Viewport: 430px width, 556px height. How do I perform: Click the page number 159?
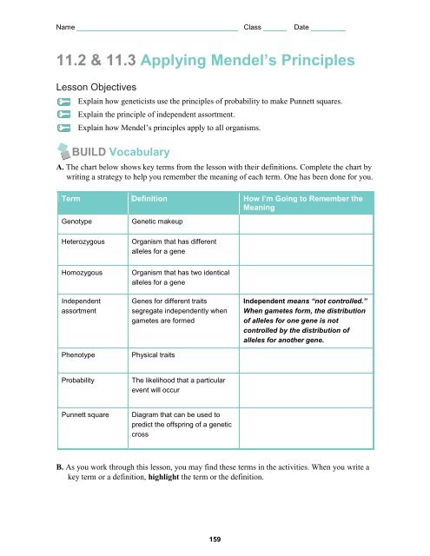click(214, 539)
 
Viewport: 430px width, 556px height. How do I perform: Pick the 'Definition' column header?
click(149, 199)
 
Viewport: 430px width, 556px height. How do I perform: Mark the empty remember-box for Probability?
click(308, 387)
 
